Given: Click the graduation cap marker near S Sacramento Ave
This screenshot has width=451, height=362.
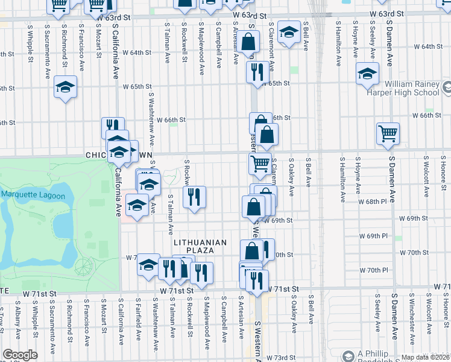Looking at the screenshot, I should (65, 87).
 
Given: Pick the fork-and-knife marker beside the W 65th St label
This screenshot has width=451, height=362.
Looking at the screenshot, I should (257, 72).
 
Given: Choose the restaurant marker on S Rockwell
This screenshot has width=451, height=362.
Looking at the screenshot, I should (194, 197).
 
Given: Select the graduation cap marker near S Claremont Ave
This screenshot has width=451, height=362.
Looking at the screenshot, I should (289, 33).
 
